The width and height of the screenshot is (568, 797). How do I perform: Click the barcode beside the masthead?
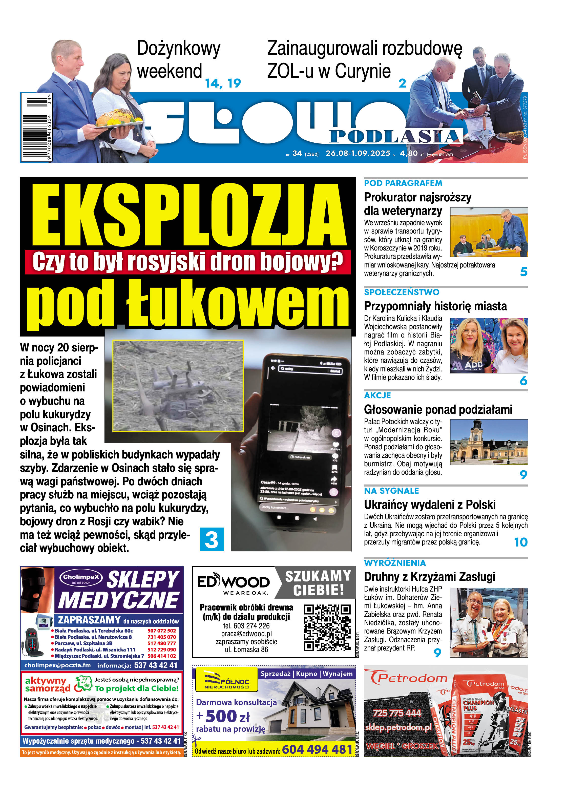pyautogui.click(x=36, y=127)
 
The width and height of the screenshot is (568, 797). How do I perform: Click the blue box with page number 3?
pyautogui.click(x=212, y=539)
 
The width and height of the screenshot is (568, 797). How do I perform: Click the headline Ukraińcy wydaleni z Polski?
pyautogui.click(x=430, y=505)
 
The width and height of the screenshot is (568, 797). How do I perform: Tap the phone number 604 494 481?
pyautogui.click(x=317, y=749)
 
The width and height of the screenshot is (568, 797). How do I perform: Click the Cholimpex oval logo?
pyautogui.click(x=80, y=578)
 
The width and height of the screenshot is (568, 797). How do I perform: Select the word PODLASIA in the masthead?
pyautogui.click(x=394, y=137)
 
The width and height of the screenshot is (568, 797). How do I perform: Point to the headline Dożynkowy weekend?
pyautogui.click(x=178, y=59)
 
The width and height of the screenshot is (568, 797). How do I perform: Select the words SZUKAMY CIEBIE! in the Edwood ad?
pyautogui.click(x=318, y=583)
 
